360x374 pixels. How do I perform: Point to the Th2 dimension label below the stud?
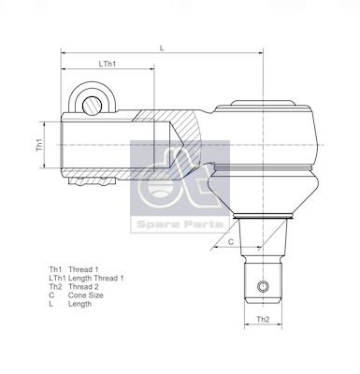tap(263, 320)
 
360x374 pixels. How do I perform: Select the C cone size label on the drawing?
tap(230, 241)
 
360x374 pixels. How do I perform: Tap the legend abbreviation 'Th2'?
tap(55, 288)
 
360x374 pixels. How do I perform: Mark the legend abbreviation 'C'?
tap(52, 297)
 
